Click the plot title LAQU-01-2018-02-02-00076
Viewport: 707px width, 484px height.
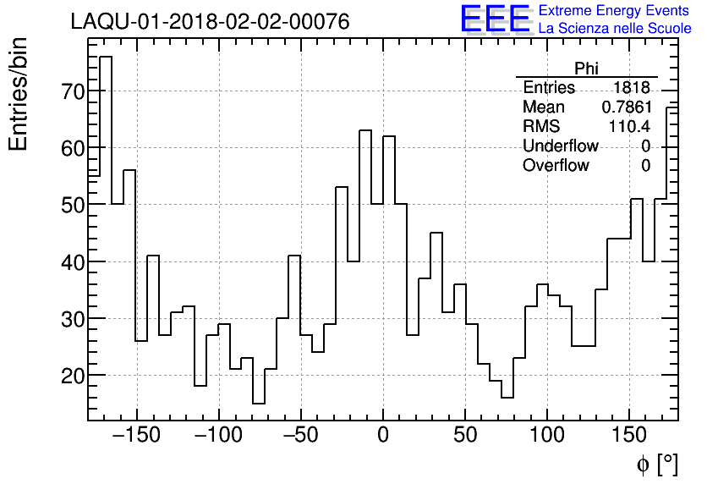(x=210, y=22)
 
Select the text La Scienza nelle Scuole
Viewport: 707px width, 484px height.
(x=615, y=29)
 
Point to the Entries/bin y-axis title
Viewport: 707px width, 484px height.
(x=19, y=94)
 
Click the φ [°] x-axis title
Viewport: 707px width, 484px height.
(x=656, y=464)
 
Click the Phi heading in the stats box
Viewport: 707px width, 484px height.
(x=586, y=69)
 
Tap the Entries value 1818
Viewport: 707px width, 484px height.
(x=632, y=88)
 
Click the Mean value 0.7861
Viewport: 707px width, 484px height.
(x=625, y=107)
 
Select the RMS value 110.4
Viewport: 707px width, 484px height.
(x=628, y=127)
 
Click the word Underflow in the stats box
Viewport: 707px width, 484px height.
(x=560, y=146)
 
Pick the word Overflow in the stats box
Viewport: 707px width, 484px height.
(x=556, y=166)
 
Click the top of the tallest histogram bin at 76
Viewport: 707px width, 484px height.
(x=106, y=57)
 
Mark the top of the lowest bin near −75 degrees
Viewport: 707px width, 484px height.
(x=259, y=403)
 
